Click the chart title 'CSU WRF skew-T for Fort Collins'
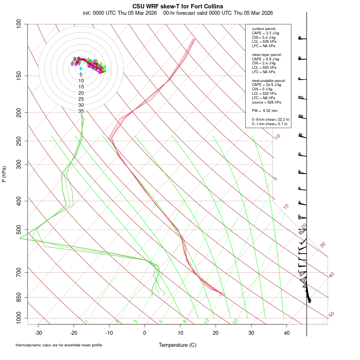click(x=178, y=6)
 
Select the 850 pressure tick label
click(x=19, y=297)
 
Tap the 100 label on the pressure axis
click(x=19, y=24)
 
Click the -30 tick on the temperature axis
click(x=38, y=332)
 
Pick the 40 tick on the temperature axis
click(x=287, y=332)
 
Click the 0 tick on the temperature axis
click(x=145, y=332)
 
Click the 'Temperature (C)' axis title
click(x=177, y=345)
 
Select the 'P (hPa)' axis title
click(x=4, y=174)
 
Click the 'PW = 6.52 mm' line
click(x=264, y=111)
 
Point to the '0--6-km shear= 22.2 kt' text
click(x=270, y=120)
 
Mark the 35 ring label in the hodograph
click(x=81, y=111)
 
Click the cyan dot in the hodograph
click(x=81, y=68)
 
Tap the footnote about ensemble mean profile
click(x=59, y=345)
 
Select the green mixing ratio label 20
click(x=235, y=321)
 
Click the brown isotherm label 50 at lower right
click(x=331, y=315)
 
